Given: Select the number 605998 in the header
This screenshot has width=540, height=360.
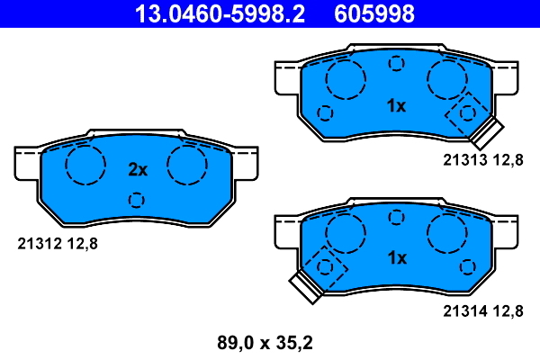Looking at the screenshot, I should coord(374,14).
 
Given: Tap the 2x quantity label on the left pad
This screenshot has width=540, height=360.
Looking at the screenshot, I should coord(137,169).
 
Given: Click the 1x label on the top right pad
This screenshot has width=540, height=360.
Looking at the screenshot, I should coord(396,106).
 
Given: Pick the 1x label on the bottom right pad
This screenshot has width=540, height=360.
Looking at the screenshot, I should coord(396,258).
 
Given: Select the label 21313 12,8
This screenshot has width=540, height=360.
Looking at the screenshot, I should coord(482,160).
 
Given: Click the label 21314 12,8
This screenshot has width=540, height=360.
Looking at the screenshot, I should coord(482,311).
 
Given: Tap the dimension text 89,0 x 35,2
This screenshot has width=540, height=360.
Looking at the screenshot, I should coord(265,343).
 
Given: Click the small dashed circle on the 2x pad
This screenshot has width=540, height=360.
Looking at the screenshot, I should coord(137,200).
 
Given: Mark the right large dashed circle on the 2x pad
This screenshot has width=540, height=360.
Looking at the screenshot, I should coord(188,165).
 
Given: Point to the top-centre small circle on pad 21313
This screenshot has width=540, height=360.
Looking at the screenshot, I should coord(395,64).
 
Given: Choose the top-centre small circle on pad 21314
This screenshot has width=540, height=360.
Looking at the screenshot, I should coord(395,216).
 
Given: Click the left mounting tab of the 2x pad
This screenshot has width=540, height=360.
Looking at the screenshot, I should coord(28,162).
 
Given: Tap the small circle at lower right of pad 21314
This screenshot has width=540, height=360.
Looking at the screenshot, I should coord(467,265).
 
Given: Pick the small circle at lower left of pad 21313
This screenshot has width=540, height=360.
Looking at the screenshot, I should coord(325,113).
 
